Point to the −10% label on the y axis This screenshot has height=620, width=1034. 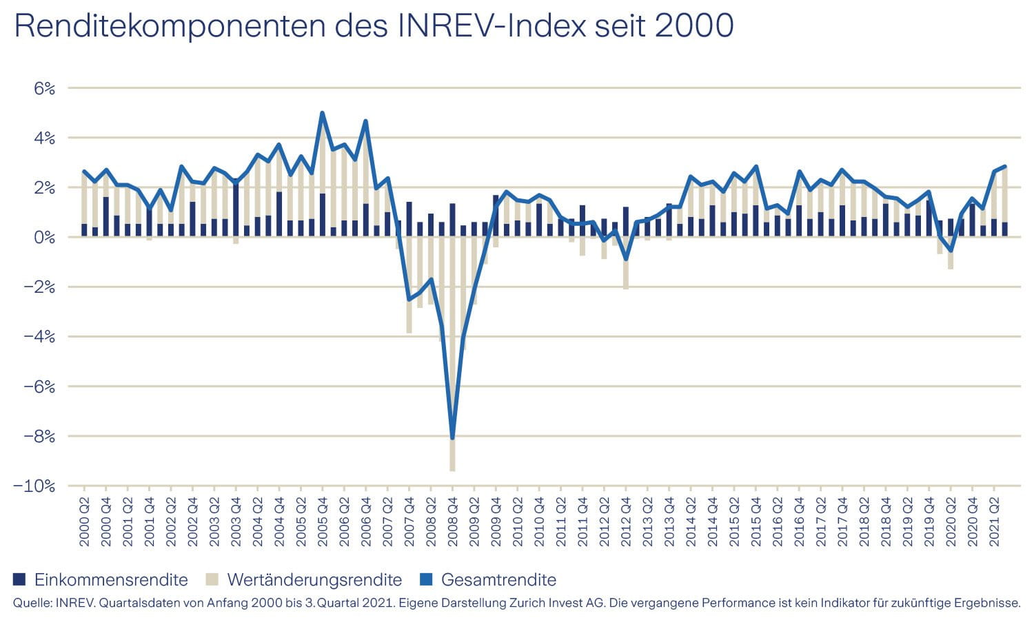pyautogui.click(x=34, y=486)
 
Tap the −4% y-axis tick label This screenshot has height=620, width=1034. pyautogui.click(x=38, y=337)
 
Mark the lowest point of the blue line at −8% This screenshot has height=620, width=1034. pyautogui.click(x=452, y=437)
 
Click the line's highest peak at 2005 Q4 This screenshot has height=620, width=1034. pyautogui.click(x=323, y=113)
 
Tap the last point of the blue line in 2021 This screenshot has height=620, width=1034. pyautogui.click(x=1005, y=166)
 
